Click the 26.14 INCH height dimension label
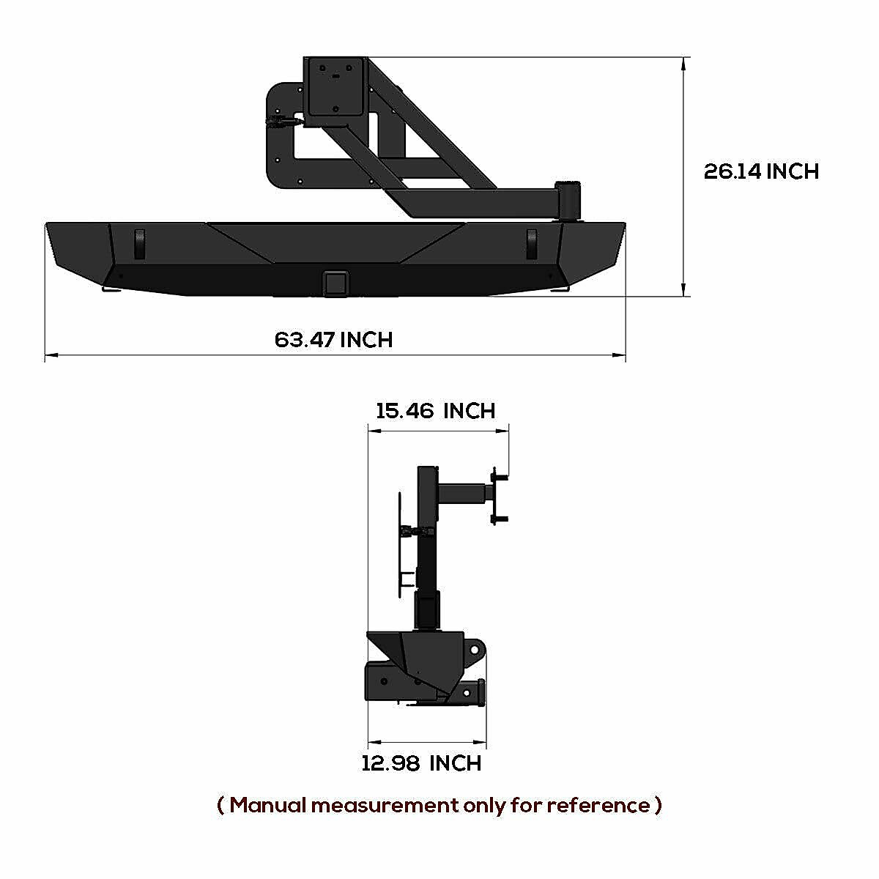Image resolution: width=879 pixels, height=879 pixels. point(761,171)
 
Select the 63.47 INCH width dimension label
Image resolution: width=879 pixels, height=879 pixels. point(333,340)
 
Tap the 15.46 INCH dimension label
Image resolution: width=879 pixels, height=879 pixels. point(435,411)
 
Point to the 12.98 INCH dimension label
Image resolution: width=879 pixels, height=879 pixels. point(421,763)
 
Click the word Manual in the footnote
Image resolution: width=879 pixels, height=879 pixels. point(267,805)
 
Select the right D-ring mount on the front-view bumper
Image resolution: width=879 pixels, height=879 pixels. point(533,242)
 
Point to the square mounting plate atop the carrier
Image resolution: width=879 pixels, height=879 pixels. point(335,86)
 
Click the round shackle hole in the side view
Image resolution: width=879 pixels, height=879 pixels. point(475,650)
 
